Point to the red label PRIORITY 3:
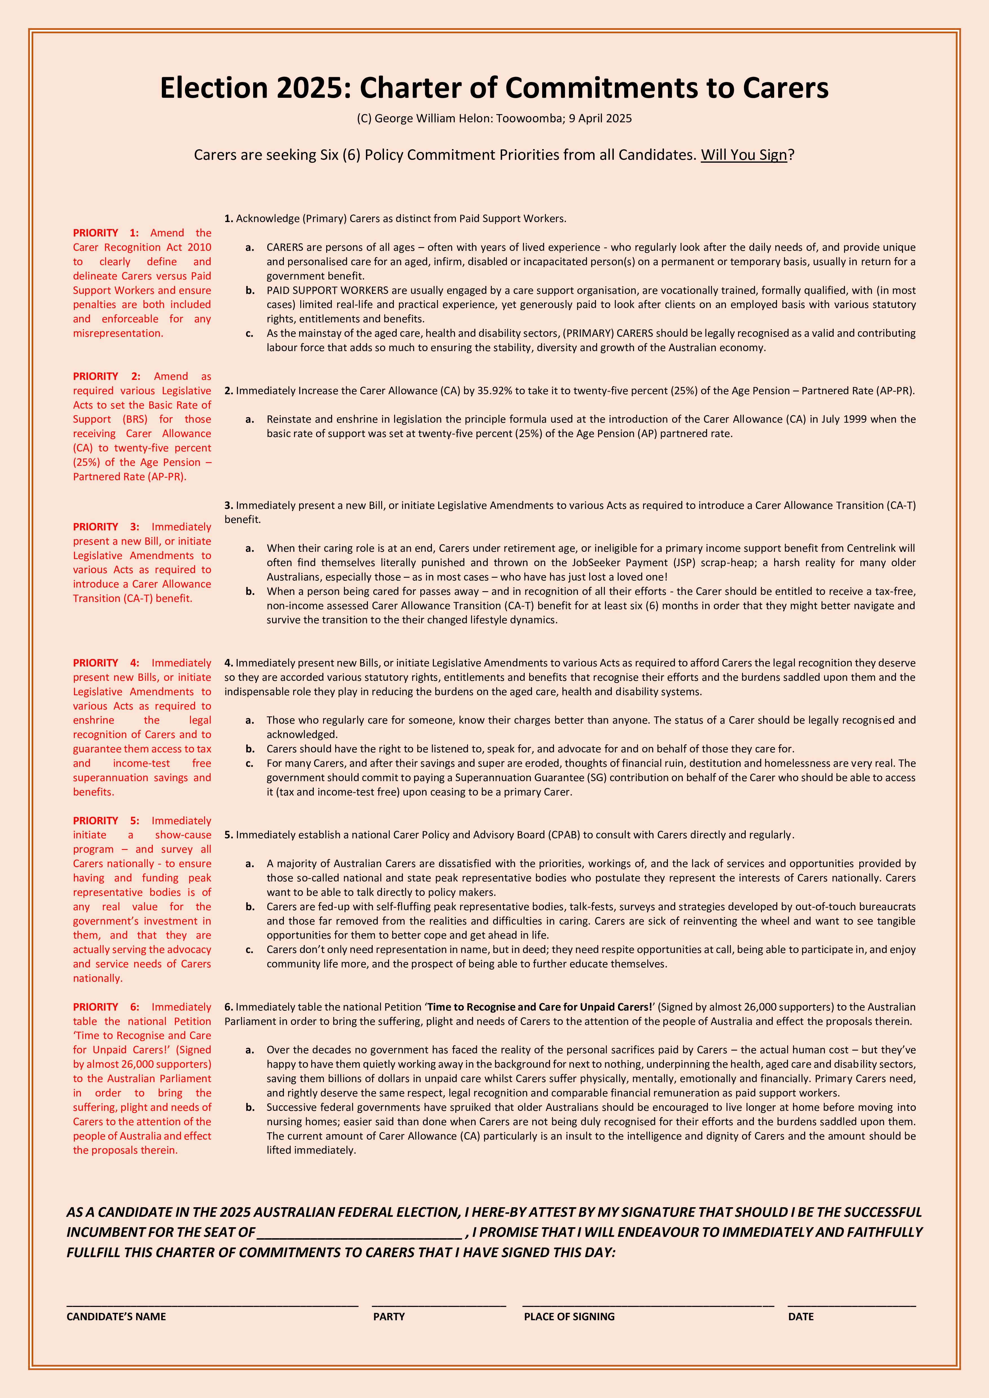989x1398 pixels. tap(106, 527)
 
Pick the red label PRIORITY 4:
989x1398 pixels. tap(106, 663)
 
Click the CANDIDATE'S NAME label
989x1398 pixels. tap(116, 1316)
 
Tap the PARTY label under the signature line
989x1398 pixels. tap(388, 1316)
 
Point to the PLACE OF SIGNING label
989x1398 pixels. tap(569, 1316)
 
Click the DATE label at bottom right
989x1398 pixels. tap(800, 1316)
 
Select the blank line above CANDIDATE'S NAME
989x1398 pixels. tap(212, 1305)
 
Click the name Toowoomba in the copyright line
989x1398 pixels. tap(529, 118)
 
